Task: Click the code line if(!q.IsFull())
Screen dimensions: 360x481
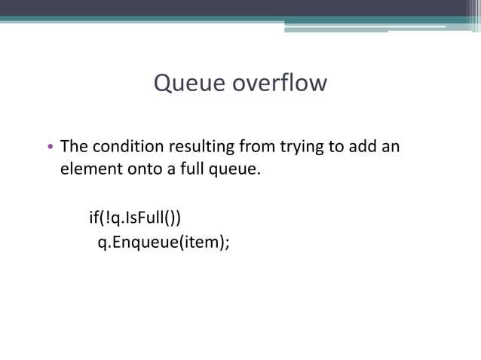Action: tap(136, 218)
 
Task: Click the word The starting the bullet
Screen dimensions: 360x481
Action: tap(75, 146)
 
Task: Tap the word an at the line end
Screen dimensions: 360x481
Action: tap(390, 146)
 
